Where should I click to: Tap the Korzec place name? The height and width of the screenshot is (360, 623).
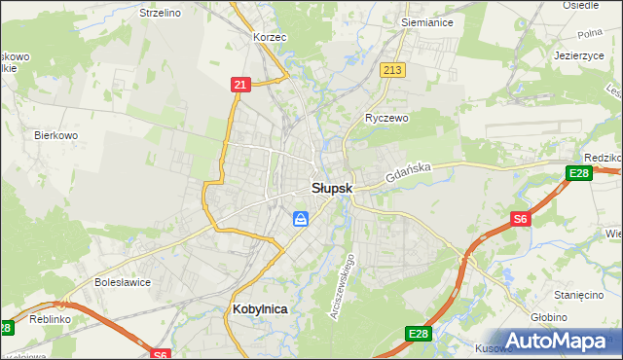click(x=270, y=37)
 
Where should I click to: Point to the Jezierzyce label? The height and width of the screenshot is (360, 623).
click(x=579, y=56)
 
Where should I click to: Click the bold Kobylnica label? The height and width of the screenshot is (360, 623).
click(x=259, y=308)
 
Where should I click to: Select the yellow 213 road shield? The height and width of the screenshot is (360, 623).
click(x=393, y=70)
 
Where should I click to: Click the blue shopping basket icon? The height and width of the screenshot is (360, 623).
click(x=302, y=219)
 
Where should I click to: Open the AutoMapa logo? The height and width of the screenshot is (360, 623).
click(x=565, y=342)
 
